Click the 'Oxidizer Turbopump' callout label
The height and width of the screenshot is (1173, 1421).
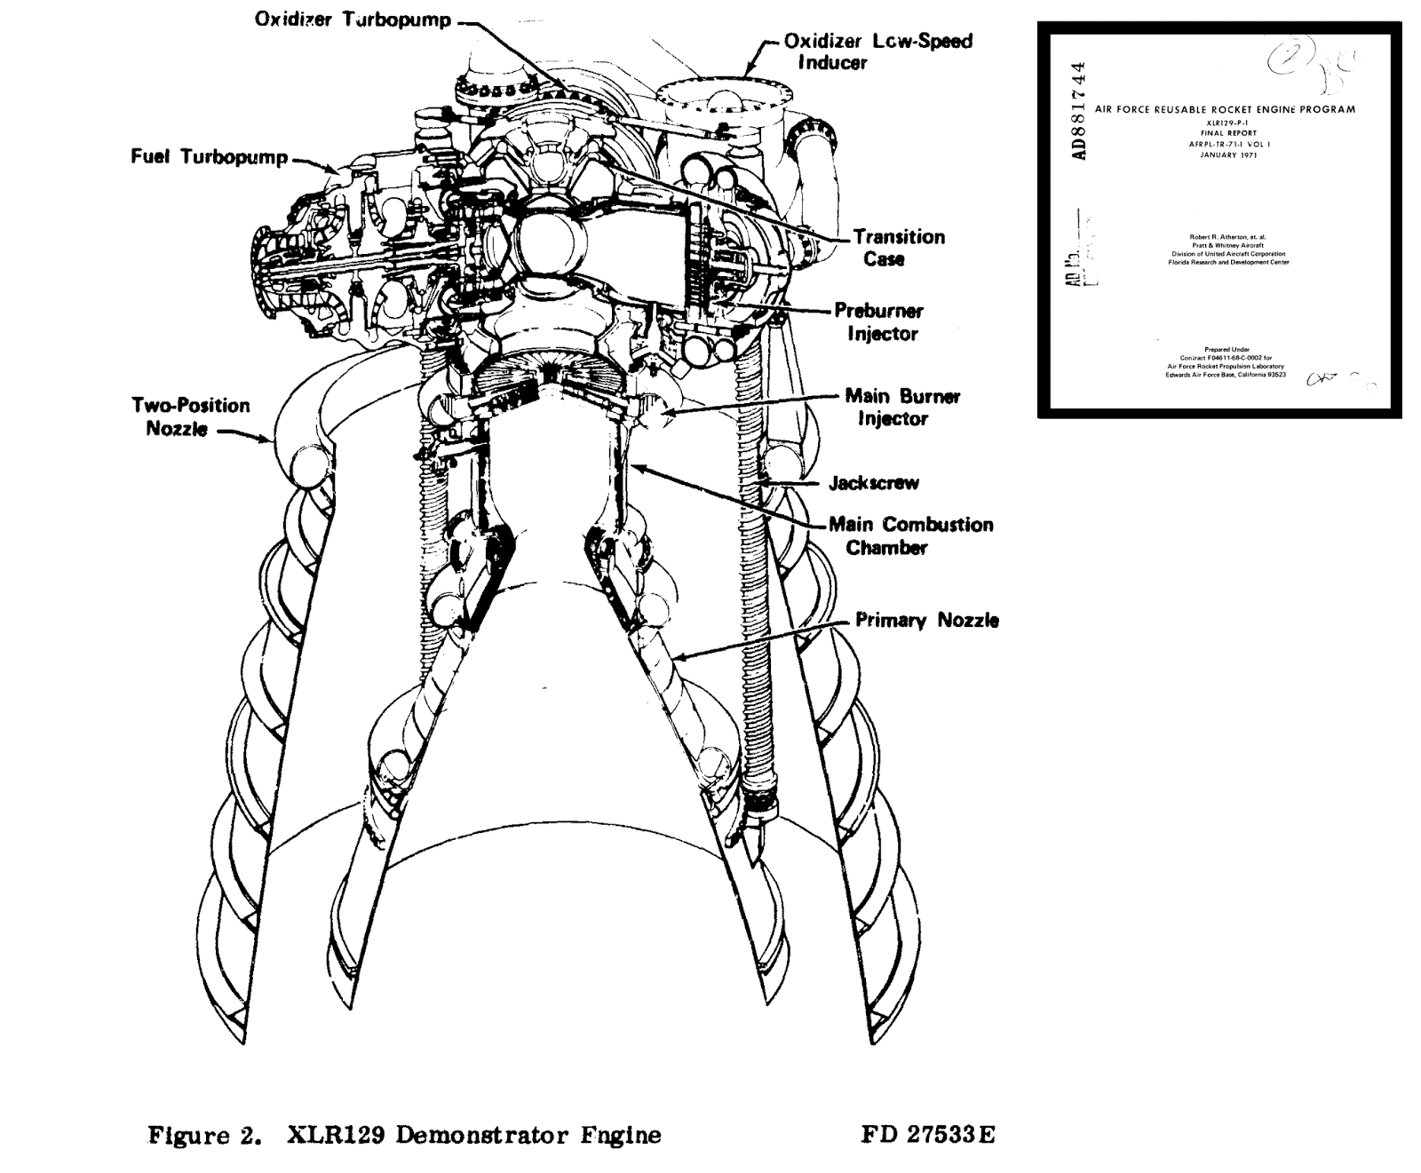[x=353, y=20]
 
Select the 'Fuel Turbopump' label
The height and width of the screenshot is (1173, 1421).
[x=210, y=157]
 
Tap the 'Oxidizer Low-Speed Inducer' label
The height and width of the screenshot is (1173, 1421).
[x=877, y=52]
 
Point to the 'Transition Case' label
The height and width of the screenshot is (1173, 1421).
[x=899, y=248]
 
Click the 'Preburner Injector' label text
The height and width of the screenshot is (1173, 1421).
[x=878, y=322]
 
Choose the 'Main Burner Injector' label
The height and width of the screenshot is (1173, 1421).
[x=901, y=407]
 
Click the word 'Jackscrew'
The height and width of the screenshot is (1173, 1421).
[x=874, y=483]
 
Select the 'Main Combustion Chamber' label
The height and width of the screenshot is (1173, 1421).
[x=911, y=535]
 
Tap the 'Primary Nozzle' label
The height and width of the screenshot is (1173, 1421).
[x=927, y=620]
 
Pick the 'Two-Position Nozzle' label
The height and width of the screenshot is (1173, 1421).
[x=190, y=416]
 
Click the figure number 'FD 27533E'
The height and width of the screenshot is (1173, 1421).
[x=927, y=1135]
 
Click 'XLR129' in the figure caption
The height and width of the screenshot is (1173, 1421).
[x=337, y=1135]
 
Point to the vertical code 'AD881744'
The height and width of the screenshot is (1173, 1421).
[x=1078, y=111]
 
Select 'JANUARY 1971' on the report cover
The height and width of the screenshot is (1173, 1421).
[x=1228, y=155]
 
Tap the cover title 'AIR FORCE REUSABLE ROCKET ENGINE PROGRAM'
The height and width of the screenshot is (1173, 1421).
[x=1225, y=110]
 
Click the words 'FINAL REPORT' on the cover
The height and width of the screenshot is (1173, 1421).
[x=1228, y=132]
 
